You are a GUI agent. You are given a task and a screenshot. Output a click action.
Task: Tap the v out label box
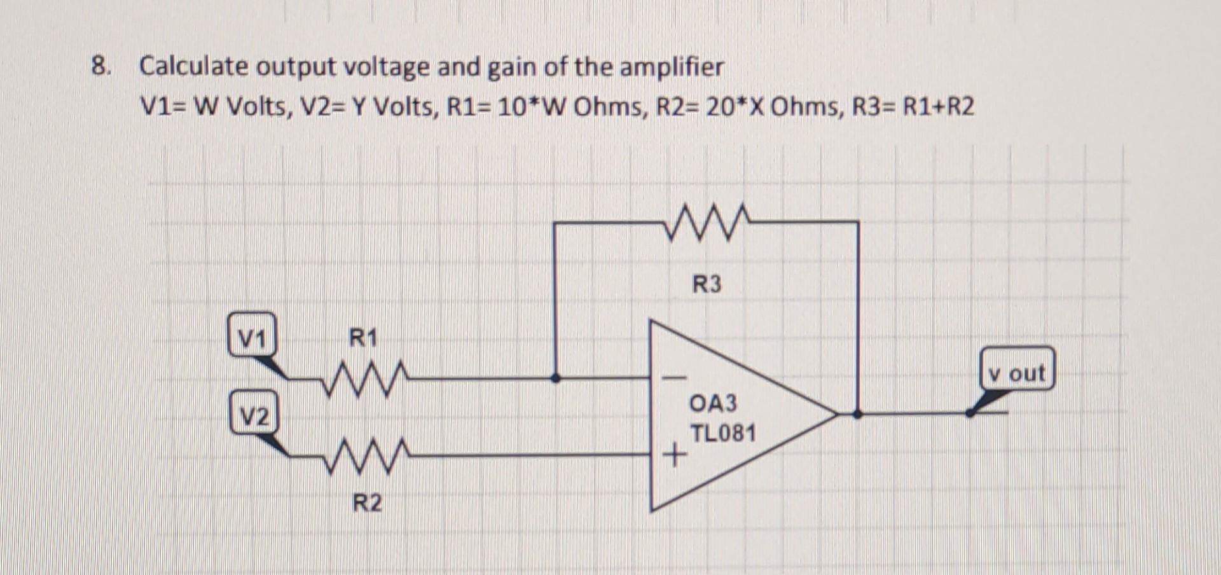1017,369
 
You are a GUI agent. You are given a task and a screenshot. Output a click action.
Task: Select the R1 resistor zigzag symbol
364,379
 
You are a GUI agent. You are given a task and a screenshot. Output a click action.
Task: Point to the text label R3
707,284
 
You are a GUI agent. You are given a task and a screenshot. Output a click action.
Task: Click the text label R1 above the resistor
363,337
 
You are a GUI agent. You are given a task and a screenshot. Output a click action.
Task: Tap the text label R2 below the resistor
367,503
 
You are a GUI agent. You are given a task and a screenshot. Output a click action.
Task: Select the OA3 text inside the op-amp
713,403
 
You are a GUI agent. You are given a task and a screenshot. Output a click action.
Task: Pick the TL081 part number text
723,434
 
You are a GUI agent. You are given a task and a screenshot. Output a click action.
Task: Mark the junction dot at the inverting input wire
555,378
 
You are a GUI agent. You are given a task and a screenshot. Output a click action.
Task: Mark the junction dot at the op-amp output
857,413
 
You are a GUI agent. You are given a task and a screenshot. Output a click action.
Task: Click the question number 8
100,66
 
